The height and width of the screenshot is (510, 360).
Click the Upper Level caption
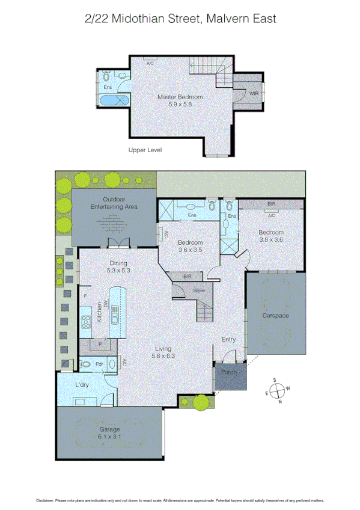click(145, 150)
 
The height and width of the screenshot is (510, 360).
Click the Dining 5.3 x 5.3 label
click(118, 266)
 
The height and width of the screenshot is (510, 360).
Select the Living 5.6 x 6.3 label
click(163, 352)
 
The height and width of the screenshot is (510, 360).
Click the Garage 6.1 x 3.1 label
click(109, 433)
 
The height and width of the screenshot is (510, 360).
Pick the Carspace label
click(276, 315)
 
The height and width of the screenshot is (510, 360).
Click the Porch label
click(230, 372)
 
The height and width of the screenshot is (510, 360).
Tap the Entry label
click(229, 340)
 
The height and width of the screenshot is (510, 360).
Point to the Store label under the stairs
click(198, 291)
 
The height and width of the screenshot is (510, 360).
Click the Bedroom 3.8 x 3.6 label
click(270, 236)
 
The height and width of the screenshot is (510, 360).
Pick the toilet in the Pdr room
click(86, 364)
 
